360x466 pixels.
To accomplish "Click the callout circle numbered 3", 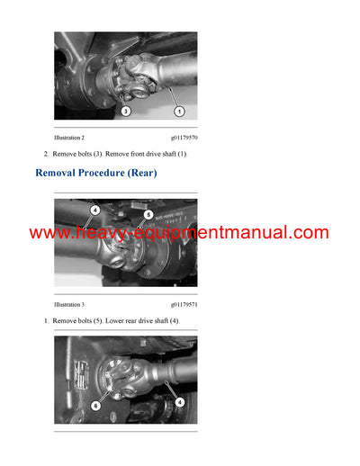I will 126,111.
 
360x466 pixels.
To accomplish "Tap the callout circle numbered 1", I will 179,111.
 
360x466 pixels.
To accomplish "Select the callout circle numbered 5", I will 148,214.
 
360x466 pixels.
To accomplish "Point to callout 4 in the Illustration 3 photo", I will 94,211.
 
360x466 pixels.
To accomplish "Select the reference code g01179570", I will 184,138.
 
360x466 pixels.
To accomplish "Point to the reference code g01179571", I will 184,305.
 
